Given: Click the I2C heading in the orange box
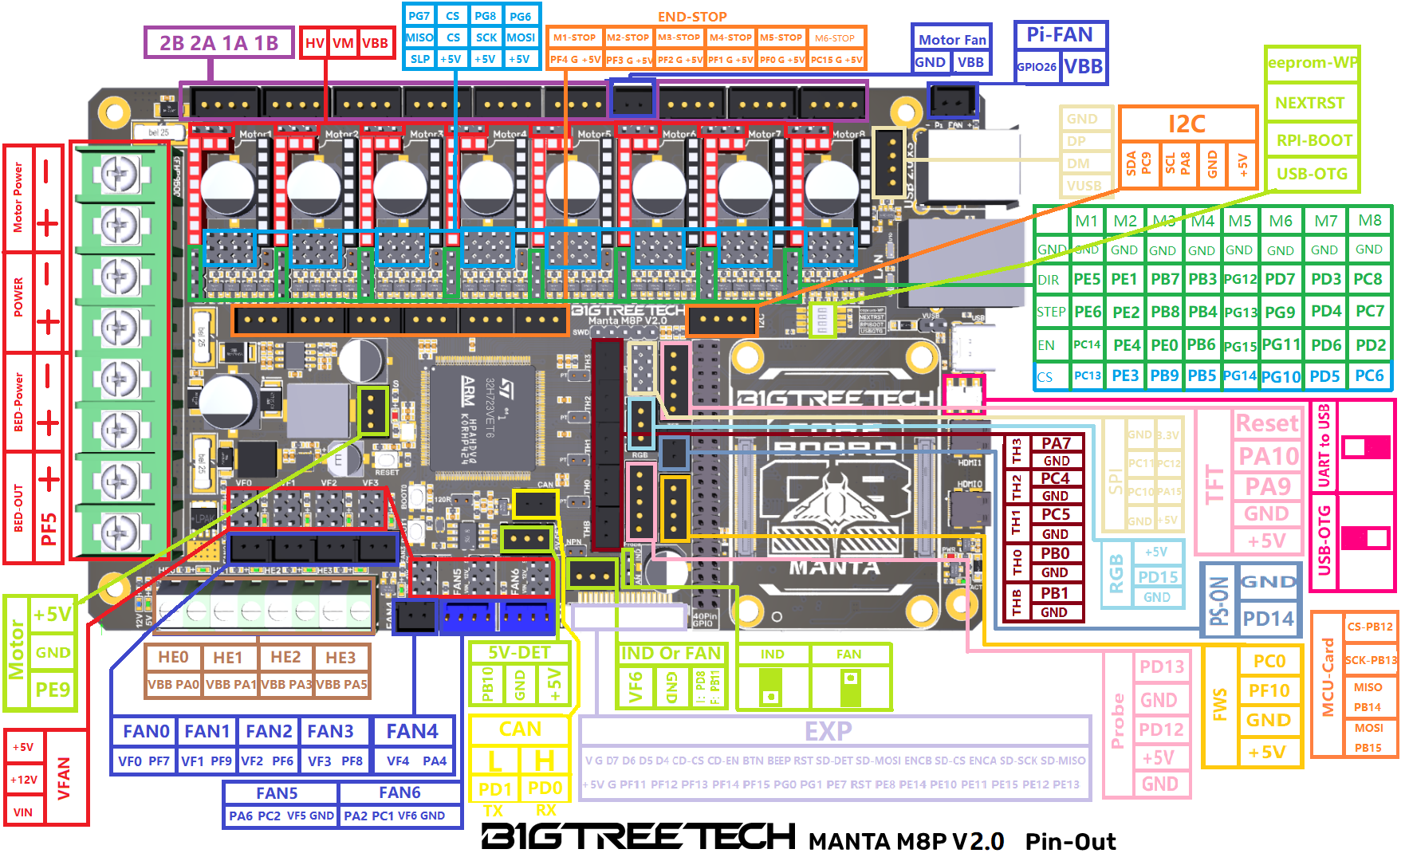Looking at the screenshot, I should pos(1187,124).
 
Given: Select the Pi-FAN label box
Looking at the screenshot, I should pos(1060,35).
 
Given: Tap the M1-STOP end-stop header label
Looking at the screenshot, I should pos(574,37).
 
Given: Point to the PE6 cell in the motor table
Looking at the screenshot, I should pos(1088,312).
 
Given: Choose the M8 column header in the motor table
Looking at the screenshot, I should pos(1370,220).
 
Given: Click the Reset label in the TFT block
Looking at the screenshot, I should pos(1267,423).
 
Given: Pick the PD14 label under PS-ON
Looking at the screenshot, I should pos(1268,618).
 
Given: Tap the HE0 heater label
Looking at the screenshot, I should pos(173,657).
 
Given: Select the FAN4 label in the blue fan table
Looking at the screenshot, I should pos(412,731).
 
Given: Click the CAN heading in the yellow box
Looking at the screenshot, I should pos(520,729).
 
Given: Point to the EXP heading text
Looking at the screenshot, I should pos(828,731).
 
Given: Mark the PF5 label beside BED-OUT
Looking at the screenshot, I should pos(49,528).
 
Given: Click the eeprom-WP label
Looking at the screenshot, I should pos(1313,62).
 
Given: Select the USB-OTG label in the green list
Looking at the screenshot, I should pos(1312,173).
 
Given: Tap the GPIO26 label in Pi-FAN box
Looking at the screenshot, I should pos(1037,67).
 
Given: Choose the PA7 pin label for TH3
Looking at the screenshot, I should pos(1056,443).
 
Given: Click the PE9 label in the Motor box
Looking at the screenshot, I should pos(53,689).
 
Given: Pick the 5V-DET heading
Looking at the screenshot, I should pos(519,652).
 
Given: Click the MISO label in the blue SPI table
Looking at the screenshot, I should pos(419,37).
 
